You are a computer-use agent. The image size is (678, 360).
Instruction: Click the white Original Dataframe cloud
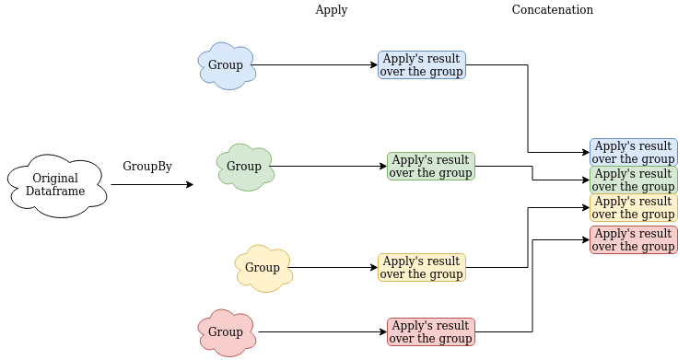click(57, 185)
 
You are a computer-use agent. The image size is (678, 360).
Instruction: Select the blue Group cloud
click(226, 65)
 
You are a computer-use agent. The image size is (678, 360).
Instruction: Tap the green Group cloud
click(244, 167)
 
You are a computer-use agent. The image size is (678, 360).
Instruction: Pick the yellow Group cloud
click(263, 268)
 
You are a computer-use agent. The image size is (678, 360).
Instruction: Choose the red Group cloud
click(226, 332)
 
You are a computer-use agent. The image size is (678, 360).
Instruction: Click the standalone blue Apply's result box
click(421, 64)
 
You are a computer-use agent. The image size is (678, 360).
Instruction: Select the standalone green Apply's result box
click(430, 166)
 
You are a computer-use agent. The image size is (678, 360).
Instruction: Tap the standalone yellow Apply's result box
click(421, 267)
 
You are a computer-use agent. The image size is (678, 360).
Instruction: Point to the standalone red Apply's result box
click(430, 331)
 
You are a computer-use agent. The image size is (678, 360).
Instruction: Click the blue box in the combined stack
click(633, 152)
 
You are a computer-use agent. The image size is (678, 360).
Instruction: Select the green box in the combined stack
click(633, 180)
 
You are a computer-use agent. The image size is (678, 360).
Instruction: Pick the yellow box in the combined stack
click(633, 207)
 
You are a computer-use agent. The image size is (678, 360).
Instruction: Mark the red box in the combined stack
click(633, 239)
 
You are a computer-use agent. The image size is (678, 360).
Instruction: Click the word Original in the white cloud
click(55, 179)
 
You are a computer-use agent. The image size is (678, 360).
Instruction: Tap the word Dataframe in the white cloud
click(55, 192)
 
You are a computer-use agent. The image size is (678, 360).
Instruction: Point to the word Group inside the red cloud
click(226, 332)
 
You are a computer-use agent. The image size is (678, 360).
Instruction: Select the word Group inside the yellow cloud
click(263, 268)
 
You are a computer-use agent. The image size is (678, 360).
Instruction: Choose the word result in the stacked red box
click(654, 234)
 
